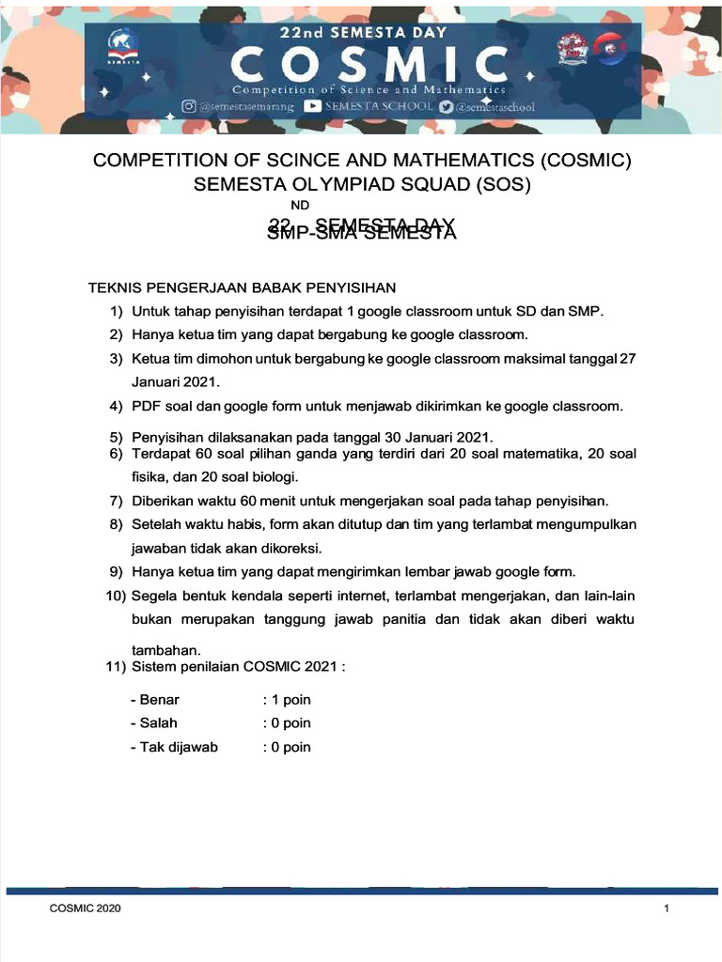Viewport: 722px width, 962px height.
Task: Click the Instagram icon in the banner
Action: coord(189,107)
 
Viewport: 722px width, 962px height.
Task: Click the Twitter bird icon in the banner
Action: coord(446,106)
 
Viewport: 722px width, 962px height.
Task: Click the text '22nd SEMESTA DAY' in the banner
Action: coord(362,31)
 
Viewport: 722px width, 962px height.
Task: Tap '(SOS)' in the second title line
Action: coord(506,184)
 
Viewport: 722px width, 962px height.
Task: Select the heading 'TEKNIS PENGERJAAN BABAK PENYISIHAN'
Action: coord(242,287)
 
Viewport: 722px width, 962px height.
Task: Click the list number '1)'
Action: coord(117,311)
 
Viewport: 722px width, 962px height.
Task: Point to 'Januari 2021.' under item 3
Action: coord(175,382)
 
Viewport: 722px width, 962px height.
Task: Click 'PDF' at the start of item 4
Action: coord(146,406)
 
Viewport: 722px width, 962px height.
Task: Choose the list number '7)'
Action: coord(117,500)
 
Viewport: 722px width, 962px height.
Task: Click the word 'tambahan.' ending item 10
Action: coord(166,650)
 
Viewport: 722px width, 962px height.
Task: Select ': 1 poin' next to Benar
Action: coord(287,699)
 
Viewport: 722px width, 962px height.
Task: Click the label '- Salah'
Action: coord(154,722)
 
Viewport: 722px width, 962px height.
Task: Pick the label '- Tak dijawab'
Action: coord(174,747)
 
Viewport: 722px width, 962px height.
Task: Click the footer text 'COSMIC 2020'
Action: coord(85,909)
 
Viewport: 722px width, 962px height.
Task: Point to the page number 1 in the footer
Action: coord(666,909)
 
